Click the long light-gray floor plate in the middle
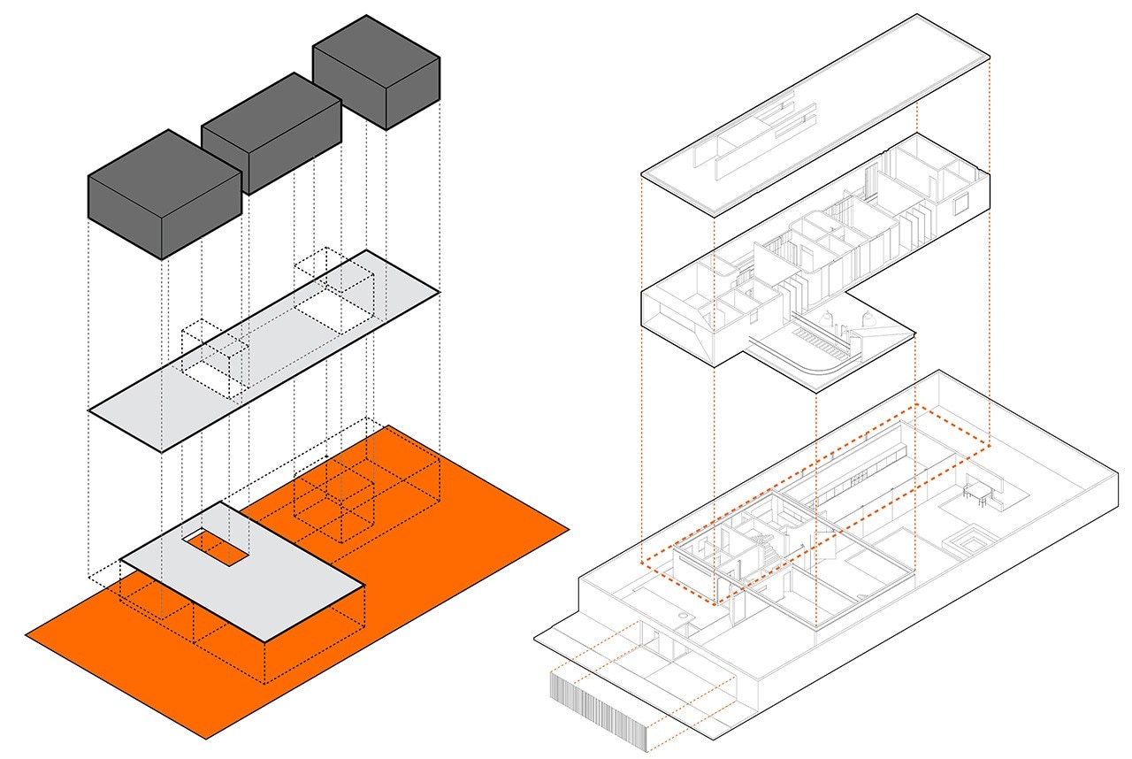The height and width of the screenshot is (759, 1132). tap(265, 354)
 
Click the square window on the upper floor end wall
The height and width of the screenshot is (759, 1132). tap(960, 205)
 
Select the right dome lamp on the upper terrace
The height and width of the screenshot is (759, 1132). tap(868, 316)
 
